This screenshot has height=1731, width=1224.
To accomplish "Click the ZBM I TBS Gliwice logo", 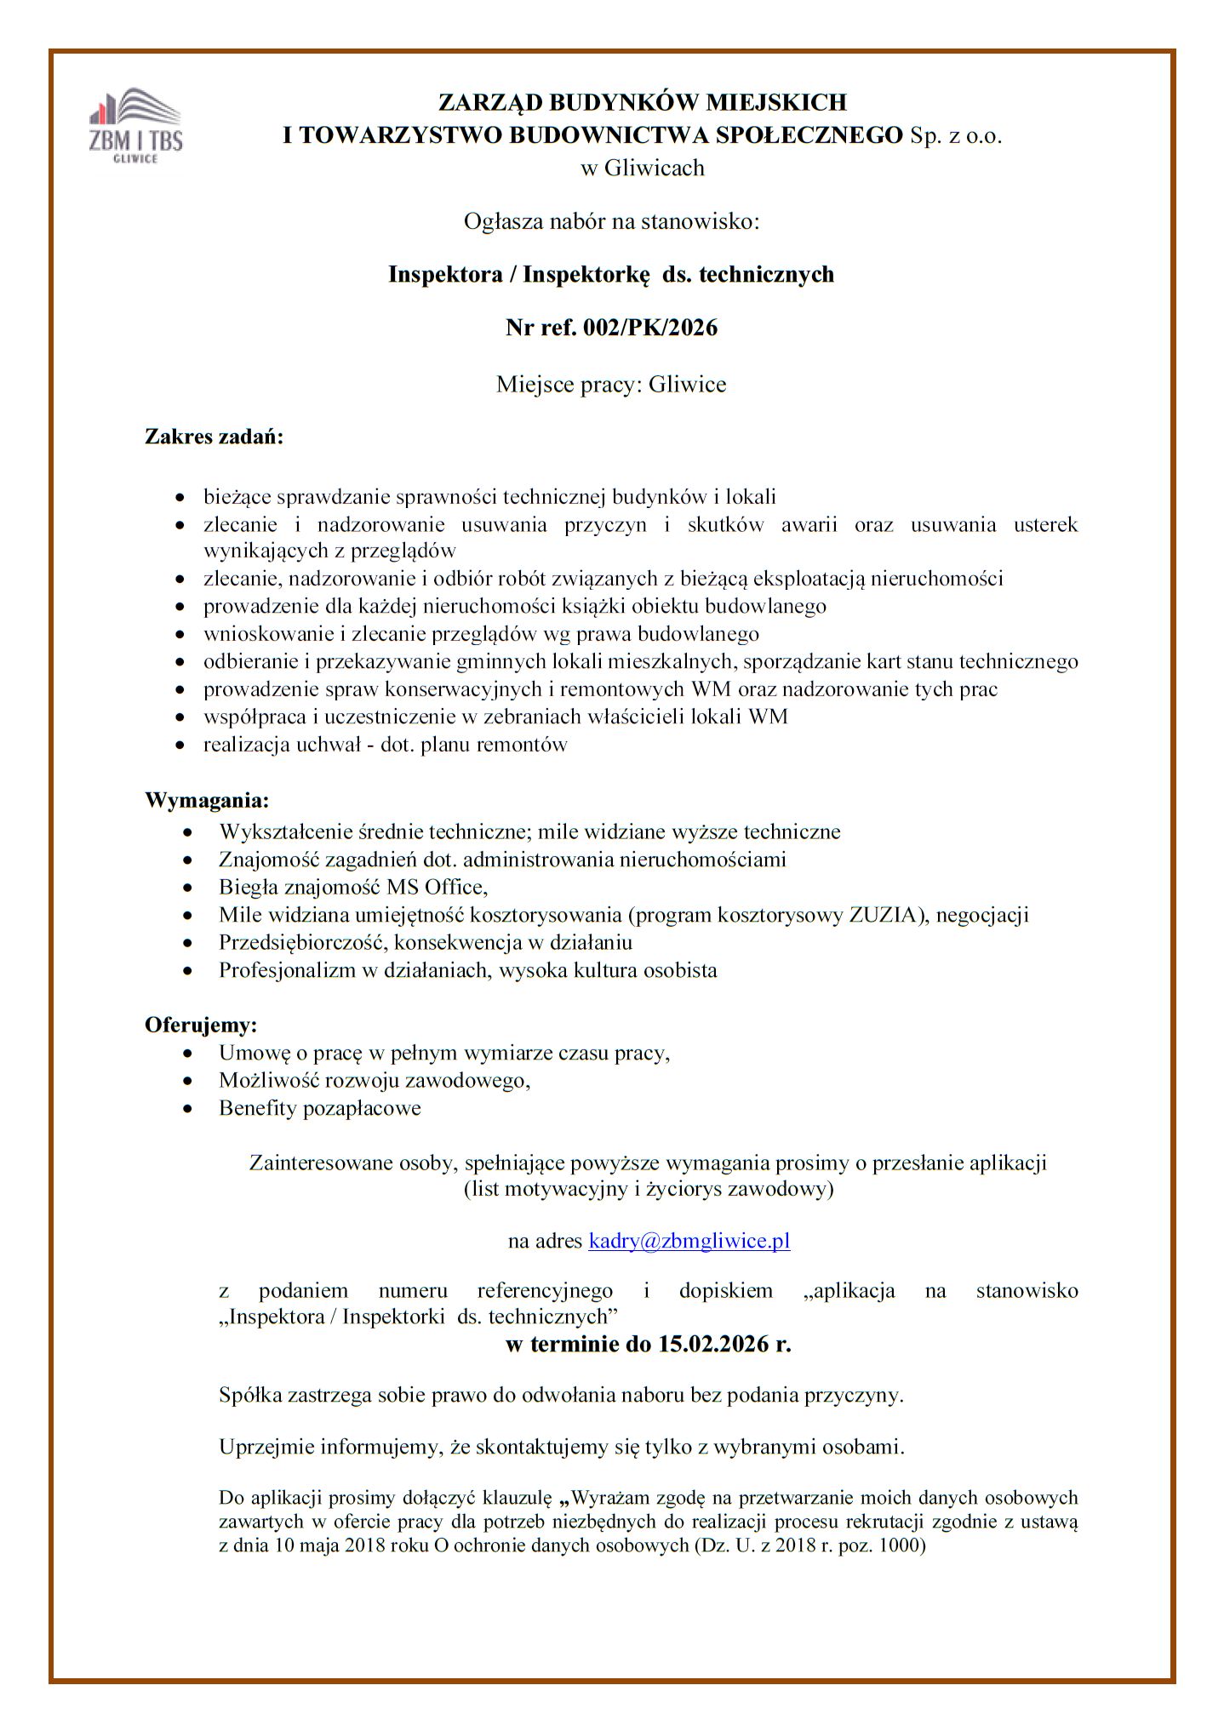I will (136, 126).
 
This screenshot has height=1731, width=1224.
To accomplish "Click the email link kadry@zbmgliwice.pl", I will (689, 1241).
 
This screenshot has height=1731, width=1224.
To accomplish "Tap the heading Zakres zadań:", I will (214, 438).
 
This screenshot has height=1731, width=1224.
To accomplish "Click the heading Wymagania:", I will (207, 801).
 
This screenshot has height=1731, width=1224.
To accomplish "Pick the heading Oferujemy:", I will (201, 1024).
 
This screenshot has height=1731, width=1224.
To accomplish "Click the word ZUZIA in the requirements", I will (885, 916).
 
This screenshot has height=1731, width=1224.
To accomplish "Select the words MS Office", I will (435, 888).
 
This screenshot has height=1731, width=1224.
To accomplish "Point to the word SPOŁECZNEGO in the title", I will (817, 135).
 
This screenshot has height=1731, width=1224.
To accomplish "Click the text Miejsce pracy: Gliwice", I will (611, 385).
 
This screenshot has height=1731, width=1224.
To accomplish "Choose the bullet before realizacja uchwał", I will (180, 746).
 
